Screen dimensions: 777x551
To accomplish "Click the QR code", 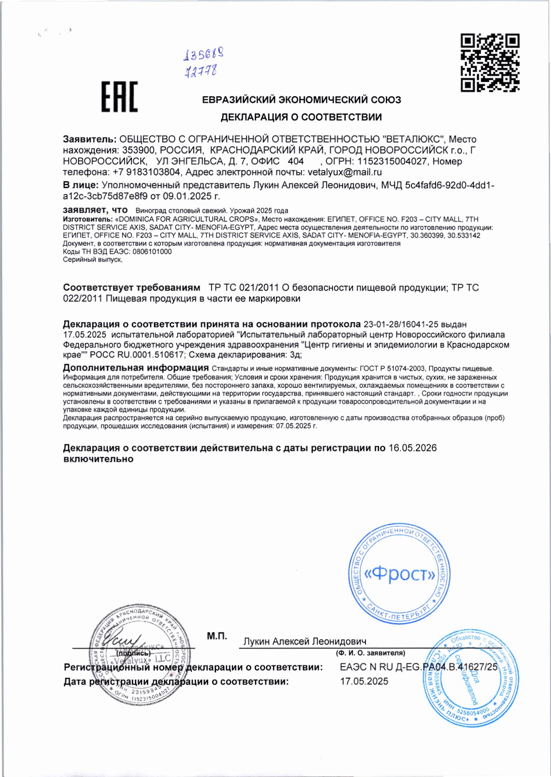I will click(490, 63).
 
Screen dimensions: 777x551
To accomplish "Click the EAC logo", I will click(119, 97).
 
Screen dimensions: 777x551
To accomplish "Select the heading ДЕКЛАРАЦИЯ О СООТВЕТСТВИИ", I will click(301, 117).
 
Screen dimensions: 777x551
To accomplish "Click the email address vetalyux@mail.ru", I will click(345, 172).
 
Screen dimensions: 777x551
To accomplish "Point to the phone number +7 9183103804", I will click(146, 172).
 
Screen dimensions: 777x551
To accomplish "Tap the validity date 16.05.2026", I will click(412, 448).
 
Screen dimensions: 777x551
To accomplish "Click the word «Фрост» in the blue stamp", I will click(400, 574).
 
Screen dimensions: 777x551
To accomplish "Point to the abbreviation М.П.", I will click(217, 636).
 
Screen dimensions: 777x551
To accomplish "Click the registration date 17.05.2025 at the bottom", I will click(364, 681).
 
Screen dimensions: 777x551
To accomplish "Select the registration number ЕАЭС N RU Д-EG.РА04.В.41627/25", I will click(418, 667).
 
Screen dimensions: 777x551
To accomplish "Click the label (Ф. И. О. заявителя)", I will click(370, 653).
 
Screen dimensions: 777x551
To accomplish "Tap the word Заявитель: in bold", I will click(89, 139).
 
